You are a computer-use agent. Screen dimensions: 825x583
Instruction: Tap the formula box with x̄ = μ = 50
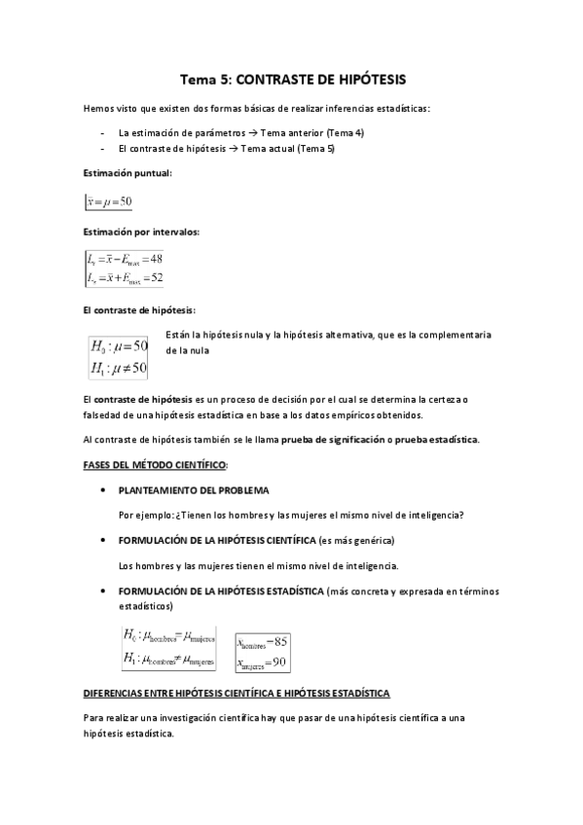coord(109,201)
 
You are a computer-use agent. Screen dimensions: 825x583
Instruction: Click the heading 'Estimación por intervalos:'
coord(141,232)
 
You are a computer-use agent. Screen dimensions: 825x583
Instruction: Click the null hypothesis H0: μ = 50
coord(119,346)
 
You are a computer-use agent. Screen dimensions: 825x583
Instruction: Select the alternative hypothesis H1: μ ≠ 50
coord(119,368)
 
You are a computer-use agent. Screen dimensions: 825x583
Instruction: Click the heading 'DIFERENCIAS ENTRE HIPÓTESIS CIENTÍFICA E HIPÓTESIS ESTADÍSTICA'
coord(237,693)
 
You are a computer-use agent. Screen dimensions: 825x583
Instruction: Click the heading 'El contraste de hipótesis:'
coord(139,310)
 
